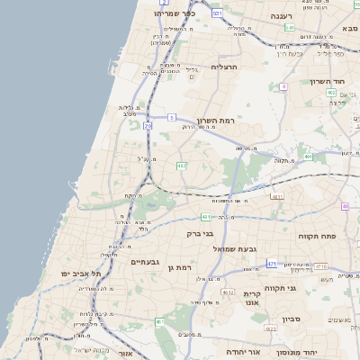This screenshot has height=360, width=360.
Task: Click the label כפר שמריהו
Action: (167, 13)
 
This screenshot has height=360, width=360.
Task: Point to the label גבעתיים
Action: (145, 262)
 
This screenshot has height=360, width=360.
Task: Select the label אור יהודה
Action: (243, 350)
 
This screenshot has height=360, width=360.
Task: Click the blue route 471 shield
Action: (272, 263)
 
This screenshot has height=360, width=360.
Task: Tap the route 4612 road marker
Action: (227, 293)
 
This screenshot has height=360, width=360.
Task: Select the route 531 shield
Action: (217, 14)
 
